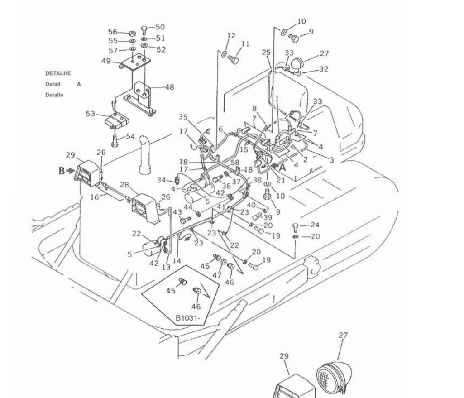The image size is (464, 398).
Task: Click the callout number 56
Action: tap(112, 32)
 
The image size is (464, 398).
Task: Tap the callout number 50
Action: tap(160, 27)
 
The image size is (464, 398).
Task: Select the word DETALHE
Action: tap(58, 73)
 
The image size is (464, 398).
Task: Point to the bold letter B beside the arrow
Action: tap(62, 171)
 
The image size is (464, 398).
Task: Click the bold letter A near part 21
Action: tap(282, 168)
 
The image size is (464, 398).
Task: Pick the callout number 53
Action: tap(90, 114)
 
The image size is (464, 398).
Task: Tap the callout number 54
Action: tap(130, 136)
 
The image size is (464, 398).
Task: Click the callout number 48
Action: tap(170, 87)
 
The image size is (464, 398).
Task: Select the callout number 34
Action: tap(161, 180)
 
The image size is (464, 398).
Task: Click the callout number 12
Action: tap(231, 35)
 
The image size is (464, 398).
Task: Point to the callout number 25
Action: tap(266, 53)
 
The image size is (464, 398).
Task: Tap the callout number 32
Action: tap(324, 69)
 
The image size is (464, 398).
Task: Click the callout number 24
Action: tap(315, 225)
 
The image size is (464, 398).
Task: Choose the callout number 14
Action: tap(177, 261)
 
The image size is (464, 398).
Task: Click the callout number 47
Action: tap(217, 275)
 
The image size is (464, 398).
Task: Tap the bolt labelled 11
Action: tap(234, 60)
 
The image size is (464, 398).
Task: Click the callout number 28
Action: tap(124, 185)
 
